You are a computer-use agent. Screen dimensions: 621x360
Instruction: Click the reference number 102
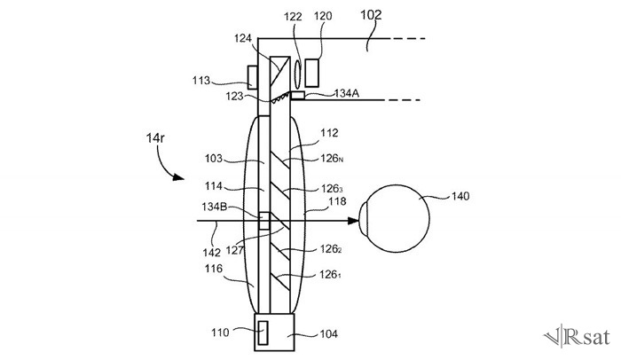pos(371,15)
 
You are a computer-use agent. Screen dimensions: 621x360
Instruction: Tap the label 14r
pos(155,138)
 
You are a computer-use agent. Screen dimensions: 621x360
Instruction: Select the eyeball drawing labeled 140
pos(395,218)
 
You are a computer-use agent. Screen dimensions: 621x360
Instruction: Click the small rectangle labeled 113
pos(253,77)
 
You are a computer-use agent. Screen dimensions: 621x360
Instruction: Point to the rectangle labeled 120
pos(311,73)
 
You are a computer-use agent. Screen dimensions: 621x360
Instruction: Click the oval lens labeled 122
pos(297,74)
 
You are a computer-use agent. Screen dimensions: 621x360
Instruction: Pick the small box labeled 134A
pos(298,95)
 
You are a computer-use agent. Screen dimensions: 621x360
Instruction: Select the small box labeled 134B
pos(264,221)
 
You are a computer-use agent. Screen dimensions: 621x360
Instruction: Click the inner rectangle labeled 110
pos(263,333)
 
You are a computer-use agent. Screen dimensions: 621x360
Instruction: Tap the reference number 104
pos(329,334)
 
